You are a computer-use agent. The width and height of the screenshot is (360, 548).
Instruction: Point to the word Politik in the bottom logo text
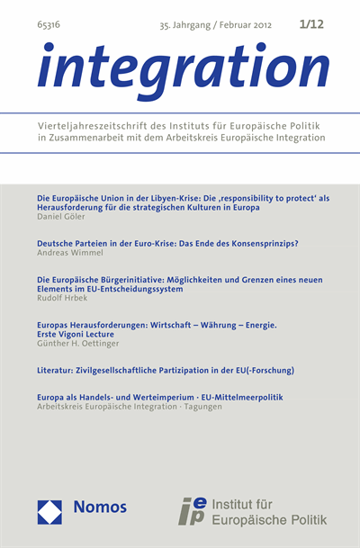(303, 519)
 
